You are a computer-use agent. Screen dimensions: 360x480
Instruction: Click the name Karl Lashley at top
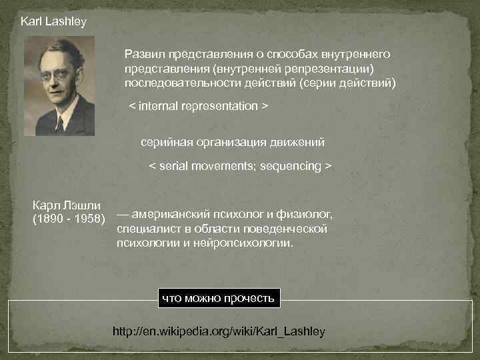point(53,21)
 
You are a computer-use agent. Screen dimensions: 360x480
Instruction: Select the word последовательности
point(175,83)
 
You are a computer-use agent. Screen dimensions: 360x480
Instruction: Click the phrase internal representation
point(198,106)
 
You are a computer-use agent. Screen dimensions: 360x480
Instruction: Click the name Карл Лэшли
point(67,205)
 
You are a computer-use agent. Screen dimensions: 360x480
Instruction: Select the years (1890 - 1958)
point(69,219)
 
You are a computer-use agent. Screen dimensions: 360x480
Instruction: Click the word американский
point(175,215)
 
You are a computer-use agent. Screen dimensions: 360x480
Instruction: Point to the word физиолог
point(307,215)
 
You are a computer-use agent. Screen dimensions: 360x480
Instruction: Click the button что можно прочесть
point(219,298)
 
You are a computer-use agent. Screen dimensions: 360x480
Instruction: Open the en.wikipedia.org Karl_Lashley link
point(219,331)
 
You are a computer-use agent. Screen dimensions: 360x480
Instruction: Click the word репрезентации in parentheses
point(321,68)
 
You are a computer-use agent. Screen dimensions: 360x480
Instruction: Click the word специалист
point(145,229)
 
